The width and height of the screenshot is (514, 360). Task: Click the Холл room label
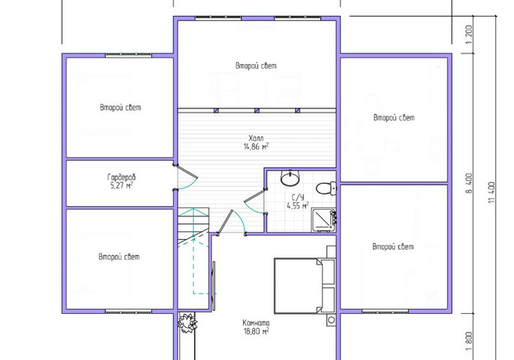256,138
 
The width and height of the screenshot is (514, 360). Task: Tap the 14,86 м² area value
256,146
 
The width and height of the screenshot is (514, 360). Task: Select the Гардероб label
122,177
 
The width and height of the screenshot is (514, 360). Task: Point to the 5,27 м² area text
122,186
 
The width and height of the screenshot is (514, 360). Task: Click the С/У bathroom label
298,198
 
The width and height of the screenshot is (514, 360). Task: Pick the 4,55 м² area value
297,205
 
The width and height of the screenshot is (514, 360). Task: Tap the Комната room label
256,322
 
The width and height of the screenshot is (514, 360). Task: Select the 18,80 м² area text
256,331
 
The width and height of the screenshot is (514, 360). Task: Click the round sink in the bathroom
290,178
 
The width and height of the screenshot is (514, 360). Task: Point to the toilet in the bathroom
326,188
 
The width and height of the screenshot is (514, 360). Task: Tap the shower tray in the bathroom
324,220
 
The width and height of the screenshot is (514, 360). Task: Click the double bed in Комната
304,285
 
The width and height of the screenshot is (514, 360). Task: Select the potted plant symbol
187,323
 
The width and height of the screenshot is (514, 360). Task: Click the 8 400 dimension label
469,183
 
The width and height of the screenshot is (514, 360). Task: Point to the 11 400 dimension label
491,192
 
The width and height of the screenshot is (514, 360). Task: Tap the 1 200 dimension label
469,35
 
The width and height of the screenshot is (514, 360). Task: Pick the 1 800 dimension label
469,341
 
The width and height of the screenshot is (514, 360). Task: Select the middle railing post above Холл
257,111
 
